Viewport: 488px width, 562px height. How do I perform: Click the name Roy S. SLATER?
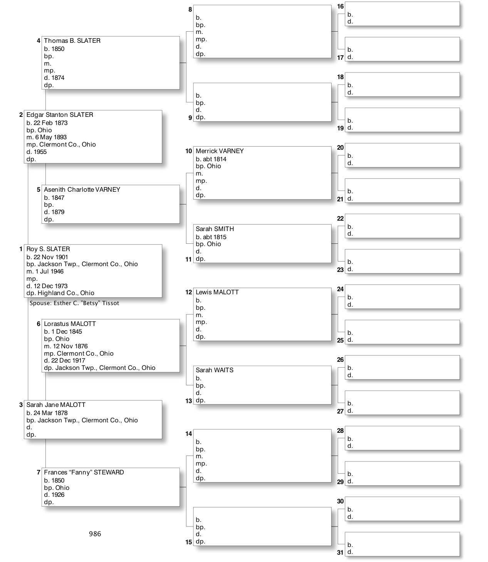(48, 249)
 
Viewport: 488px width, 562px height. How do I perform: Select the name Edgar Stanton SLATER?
(60, 115)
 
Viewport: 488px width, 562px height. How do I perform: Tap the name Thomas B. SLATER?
(72, 41)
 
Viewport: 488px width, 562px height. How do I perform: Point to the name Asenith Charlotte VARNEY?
(82, 190)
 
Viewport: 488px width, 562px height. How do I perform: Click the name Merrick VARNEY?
(220, 151)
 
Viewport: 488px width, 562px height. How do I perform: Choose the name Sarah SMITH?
(215, 229)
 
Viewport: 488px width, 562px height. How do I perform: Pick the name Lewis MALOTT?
(217, 292)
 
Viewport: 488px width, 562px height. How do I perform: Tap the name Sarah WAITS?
(215, 370)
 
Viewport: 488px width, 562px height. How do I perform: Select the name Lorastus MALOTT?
(70, 324)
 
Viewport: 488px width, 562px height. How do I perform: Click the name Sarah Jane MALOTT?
(56, 405)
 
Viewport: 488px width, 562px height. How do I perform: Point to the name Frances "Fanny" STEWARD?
(84, 473)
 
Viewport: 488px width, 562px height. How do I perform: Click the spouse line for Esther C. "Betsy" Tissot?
(74, 303)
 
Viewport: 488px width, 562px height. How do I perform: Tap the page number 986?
(95, 534)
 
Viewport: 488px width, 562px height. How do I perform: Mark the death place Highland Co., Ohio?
(65, 293)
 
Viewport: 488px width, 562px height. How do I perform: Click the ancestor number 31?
(340, 552)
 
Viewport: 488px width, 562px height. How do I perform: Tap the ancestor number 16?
(340, 6)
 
